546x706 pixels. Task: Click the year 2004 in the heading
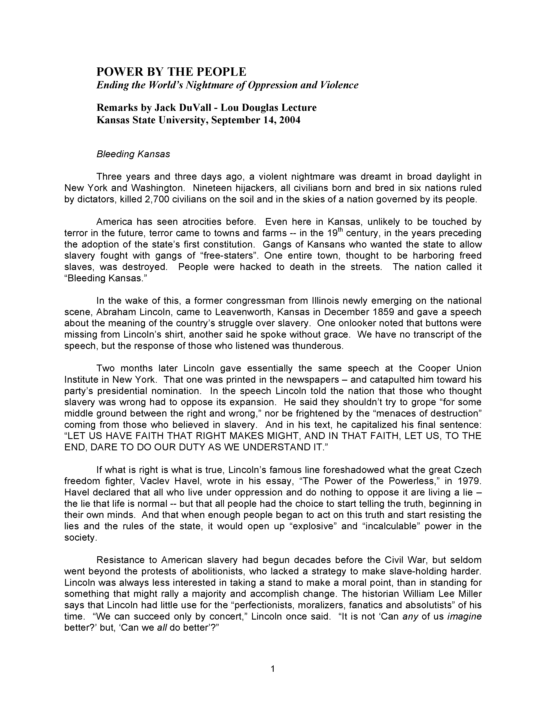[x=290, y=120]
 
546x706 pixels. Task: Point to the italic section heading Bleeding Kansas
[x=133, y=154]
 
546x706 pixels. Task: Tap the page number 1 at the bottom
[x=273, y=669]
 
